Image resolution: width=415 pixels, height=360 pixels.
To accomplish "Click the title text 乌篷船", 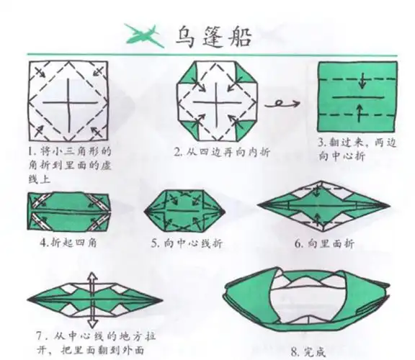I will tap(213, 35).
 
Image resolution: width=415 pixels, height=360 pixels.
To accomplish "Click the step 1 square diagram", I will tap(68, 102).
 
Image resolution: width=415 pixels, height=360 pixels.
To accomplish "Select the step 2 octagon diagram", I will tap(215, 102).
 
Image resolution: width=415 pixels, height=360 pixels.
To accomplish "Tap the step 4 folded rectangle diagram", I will tap(68, 213).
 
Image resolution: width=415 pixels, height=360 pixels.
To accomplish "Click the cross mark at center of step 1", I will tap(68, 102).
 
